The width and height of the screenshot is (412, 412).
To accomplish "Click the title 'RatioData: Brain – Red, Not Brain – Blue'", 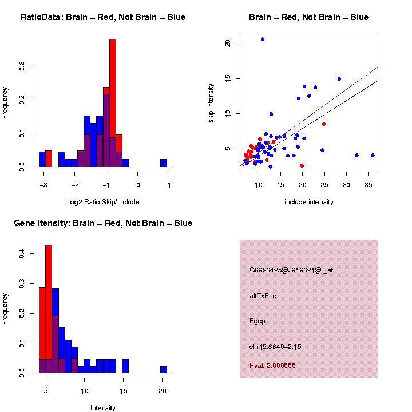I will pyautogui.click(x=103, y=17).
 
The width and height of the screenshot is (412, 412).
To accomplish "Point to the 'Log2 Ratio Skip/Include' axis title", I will pyautogui.click(x=103, y=201).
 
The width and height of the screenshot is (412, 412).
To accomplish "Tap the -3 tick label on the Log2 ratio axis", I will pyautogui.click(x=43, y=177).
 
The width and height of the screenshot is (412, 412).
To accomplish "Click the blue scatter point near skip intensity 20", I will pyautogui.click(x=262, y=39).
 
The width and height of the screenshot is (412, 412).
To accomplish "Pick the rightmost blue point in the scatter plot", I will pyautogui.click(x=373, y=155).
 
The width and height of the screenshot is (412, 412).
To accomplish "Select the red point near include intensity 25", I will pyautogui.click(x=324, y=124).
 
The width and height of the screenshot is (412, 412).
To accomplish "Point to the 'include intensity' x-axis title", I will pyautogui.click(x=309, y=201).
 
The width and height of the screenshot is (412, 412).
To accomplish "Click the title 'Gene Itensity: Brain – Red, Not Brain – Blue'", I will pyautogui.click(x=103, y=223).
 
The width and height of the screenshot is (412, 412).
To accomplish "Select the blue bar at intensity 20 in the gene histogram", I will pyautogui.click(x=164, y=369).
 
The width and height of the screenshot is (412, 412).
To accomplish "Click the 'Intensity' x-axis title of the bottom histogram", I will pyautogui.click(x=103, y=408).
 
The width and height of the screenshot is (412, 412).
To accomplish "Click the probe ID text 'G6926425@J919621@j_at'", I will pyautogui.click(x=291, y=270).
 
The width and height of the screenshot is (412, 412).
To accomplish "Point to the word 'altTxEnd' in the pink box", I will pyautogui.click(x=263, y=296).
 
